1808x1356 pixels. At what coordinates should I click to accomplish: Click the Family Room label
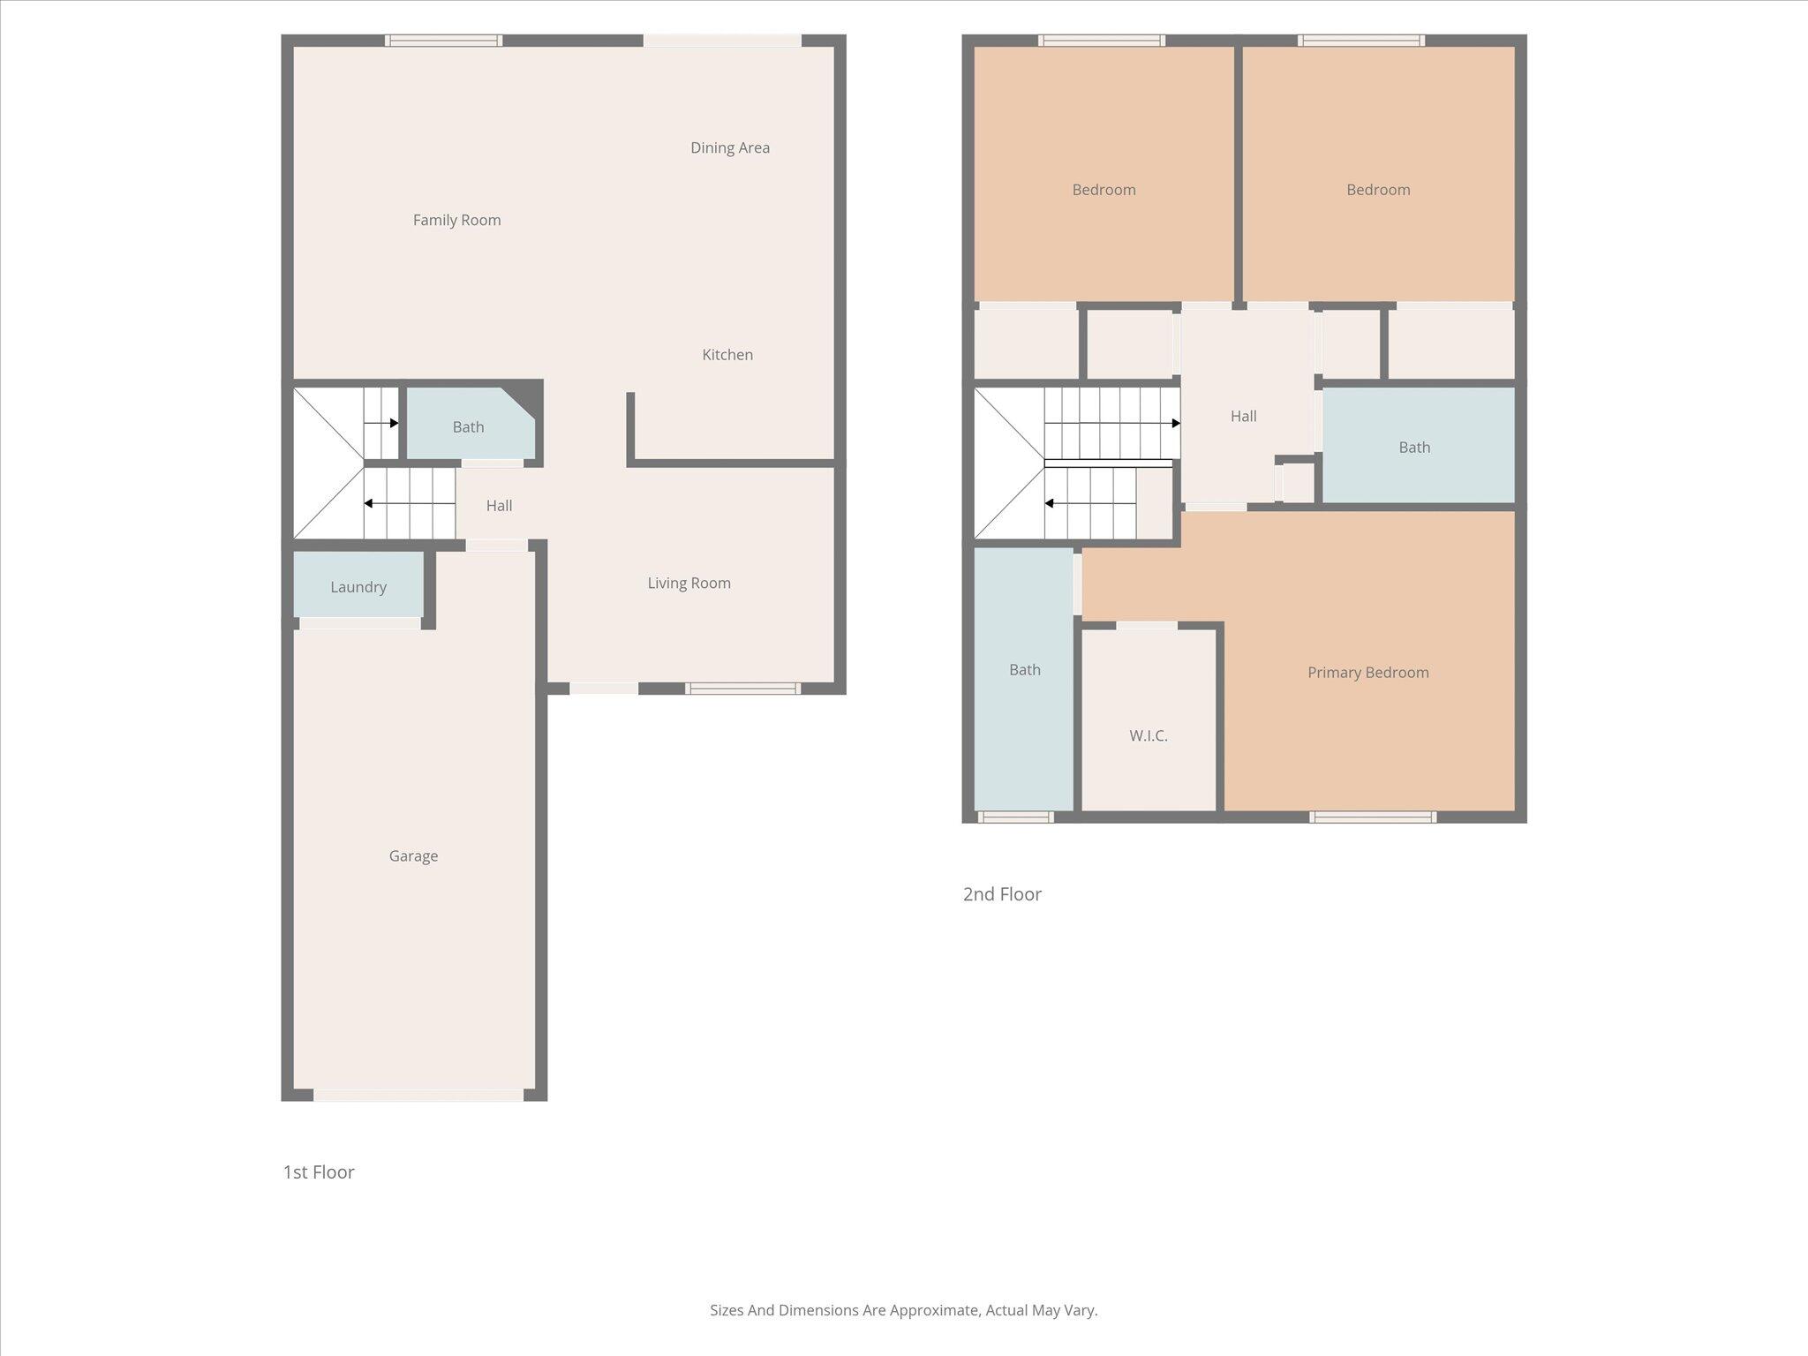pyautogui.click(x=456, y=220)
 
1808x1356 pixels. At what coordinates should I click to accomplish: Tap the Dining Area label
pyautogui.click(x=729, y=147)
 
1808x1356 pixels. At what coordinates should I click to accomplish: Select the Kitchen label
pyautogui.click(x=727, y=355)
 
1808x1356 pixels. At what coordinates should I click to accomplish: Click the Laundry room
pyautogui.click(x=358, y=586)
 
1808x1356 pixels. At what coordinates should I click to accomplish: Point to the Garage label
pyautogui.click(x=413, y=855)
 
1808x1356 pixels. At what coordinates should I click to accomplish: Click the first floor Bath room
pyautogui.click(x=468, y=426)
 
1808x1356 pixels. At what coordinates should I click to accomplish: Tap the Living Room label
pyautogui.click(x=689, y=583)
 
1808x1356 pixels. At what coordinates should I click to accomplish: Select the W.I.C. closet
pyautogui.click(x=1148, y=734)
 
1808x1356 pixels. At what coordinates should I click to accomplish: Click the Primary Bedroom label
pyautogui.click(x=1367, y=672)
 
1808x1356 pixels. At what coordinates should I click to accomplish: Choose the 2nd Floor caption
pyautogui.click(x=1001, y=893)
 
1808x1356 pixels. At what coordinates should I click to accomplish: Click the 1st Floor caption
pyautogui.click(x=318, y=1171)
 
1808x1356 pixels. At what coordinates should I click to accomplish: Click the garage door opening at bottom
pyautogui.click(x=418, y=1096)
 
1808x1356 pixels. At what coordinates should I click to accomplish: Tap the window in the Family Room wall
pyautogui.click(x=443, y=41)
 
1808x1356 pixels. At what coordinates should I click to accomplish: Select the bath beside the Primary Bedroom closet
pyautogui.click(x=1024, y=669)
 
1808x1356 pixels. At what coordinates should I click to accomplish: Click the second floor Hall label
pyautogui.click(x=1243, y=416)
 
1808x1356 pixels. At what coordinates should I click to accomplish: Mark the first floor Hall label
pyautogui.click(x=499, y=505)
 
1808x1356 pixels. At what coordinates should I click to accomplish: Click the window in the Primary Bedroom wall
pyautogui.click(x=1372, y=817)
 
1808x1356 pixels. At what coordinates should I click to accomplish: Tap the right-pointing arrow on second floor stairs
pyautogui.click(x=1175, y=423)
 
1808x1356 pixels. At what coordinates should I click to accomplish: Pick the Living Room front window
pyautogui.click(x=742, y=689)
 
